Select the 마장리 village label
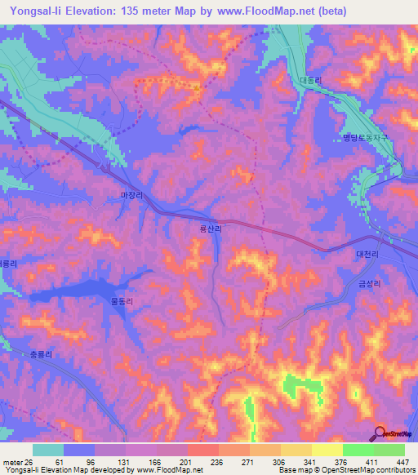(131, 196)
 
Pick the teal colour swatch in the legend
(48, 450)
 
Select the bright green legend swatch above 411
(358, 450)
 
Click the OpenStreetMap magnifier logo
(380, 433)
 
